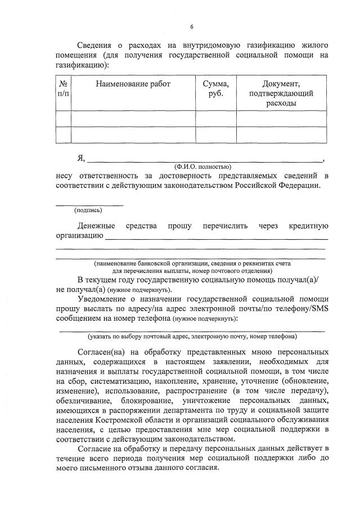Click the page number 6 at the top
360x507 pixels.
click(x=191, y=26)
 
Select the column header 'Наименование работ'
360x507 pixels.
click(x=133, y=84)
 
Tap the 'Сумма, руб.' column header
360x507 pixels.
click(x=215, y=89)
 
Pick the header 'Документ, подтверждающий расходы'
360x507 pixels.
click(x=281, y=93)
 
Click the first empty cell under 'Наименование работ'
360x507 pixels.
click(x=133, y=119)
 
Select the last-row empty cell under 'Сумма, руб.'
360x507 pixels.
click(x=215, y=135)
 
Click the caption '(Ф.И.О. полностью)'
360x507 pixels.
click(x=202, y=167)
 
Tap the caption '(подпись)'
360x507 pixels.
click(x=88, y=210)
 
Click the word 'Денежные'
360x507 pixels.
click(x=97, y=226)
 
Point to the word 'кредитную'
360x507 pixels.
click(x=308, y=226)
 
